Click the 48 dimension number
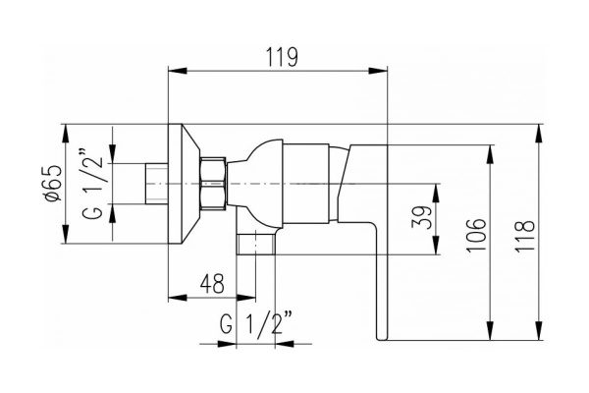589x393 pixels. [x=211, y=282]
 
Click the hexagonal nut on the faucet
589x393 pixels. [x=213, y=183]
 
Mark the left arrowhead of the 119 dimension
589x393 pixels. [x=176, y=70]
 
